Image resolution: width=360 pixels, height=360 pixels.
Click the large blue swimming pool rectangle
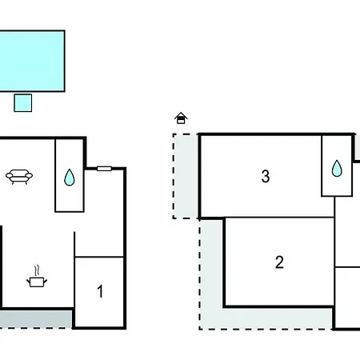click(x=32, y=61)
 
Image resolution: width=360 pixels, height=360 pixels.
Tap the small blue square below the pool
click(x=23, y=102)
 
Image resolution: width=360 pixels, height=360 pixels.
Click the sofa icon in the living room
click(x=19, y=177)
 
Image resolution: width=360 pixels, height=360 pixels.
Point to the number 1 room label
click(x=100, y=291)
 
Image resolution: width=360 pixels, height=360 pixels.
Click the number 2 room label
click(x=279, y=262)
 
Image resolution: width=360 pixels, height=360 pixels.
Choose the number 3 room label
click(x=266, y=176)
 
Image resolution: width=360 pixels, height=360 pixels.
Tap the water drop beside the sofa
click(x=70, y=178)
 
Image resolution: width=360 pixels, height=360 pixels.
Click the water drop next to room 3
click(x=337, y=169)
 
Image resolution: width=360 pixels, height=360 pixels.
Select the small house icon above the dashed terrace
click(x=181, y=118)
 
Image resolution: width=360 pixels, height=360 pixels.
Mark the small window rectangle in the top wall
click(x=104, y=169)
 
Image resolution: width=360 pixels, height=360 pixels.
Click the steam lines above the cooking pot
click(x=38, y=270)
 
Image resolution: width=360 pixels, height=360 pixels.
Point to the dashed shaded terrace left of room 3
click(x=186, y=176)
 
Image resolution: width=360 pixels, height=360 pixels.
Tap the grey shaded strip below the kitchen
click(x=36, y=319)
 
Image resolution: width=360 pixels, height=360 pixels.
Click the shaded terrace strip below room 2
click(x=266, y=318)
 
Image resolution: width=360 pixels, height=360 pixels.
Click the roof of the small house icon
click(x=181, y=115)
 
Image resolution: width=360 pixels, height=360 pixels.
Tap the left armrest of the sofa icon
click(x=9, y=176)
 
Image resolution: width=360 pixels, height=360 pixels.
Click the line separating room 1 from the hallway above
click(x=99, y=257)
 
